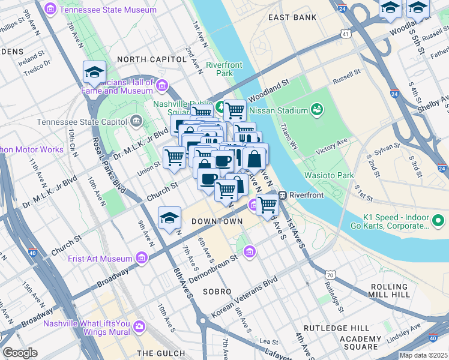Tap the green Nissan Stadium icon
(x=316, y=110)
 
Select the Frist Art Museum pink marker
(x=142, y=258)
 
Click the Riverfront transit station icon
(x=282, y=195)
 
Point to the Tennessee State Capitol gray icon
(x=136, y=122)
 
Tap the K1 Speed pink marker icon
(x=439, y=222)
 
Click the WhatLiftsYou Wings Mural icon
(x=139, y=327)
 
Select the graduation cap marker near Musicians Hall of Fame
(x=94, y=73)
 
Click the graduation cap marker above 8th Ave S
(x=170, y=218)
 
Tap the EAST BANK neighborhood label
(x=292, y=17)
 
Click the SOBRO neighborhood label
(x=217, y=291)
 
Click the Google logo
(x=20, y=353)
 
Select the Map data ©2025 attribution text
(x=423, y=355)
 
